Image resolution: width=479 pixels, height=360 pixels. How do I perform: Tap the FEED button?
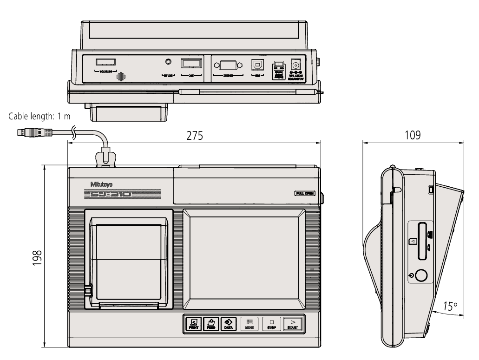(x=210, y=323)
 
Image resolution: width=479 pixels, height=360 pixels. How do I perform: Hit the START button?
(x=293, y=323)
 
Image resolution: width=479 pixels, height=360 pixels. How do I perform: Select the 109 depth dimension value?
(x=413, y=135)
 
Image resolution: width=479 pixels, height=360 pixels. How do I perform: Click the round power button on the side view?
(x=420, y=275)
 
